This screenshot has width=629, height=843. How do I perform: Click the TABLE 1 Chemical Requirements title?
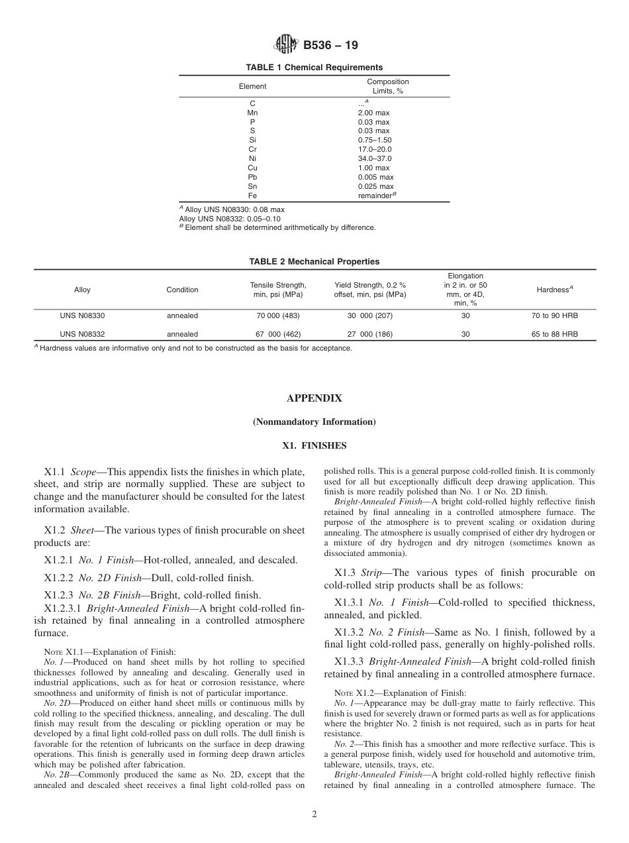(x=314, y=68)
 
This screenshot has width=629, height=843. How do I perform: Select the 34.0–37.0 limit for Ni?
(x=374, y=159)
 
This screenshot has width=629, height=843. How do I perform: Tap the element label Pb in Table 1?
(x=252, y=178)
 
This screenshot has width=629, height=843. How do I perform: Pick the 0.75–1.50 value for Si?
(x=374, y=140)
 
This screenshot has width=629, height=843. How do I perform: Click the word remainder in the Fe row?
(x=374, y=196)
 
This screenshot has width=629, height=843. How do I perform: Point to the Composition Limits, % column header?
(x=388, y=87)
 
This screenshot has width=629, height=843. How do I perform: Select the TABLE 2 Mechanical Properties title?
(x=314, y=262)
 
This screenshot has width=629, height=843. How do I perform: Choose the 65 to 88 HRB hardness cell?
(x=554, y=335)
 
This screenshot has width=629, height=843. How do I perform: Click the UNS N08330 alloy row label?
(x=82, y=316)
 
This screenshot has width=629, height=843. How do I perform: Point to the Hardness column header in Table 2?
(x=554, y=290)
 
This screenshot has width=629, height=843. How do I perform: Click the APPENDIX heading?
(x=314, y=398)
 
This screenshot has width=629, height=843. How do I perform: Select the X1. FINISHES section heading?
(x=314, y=446)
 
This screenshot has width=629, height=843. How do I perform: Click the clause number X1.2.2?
(x=58, y=578)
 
